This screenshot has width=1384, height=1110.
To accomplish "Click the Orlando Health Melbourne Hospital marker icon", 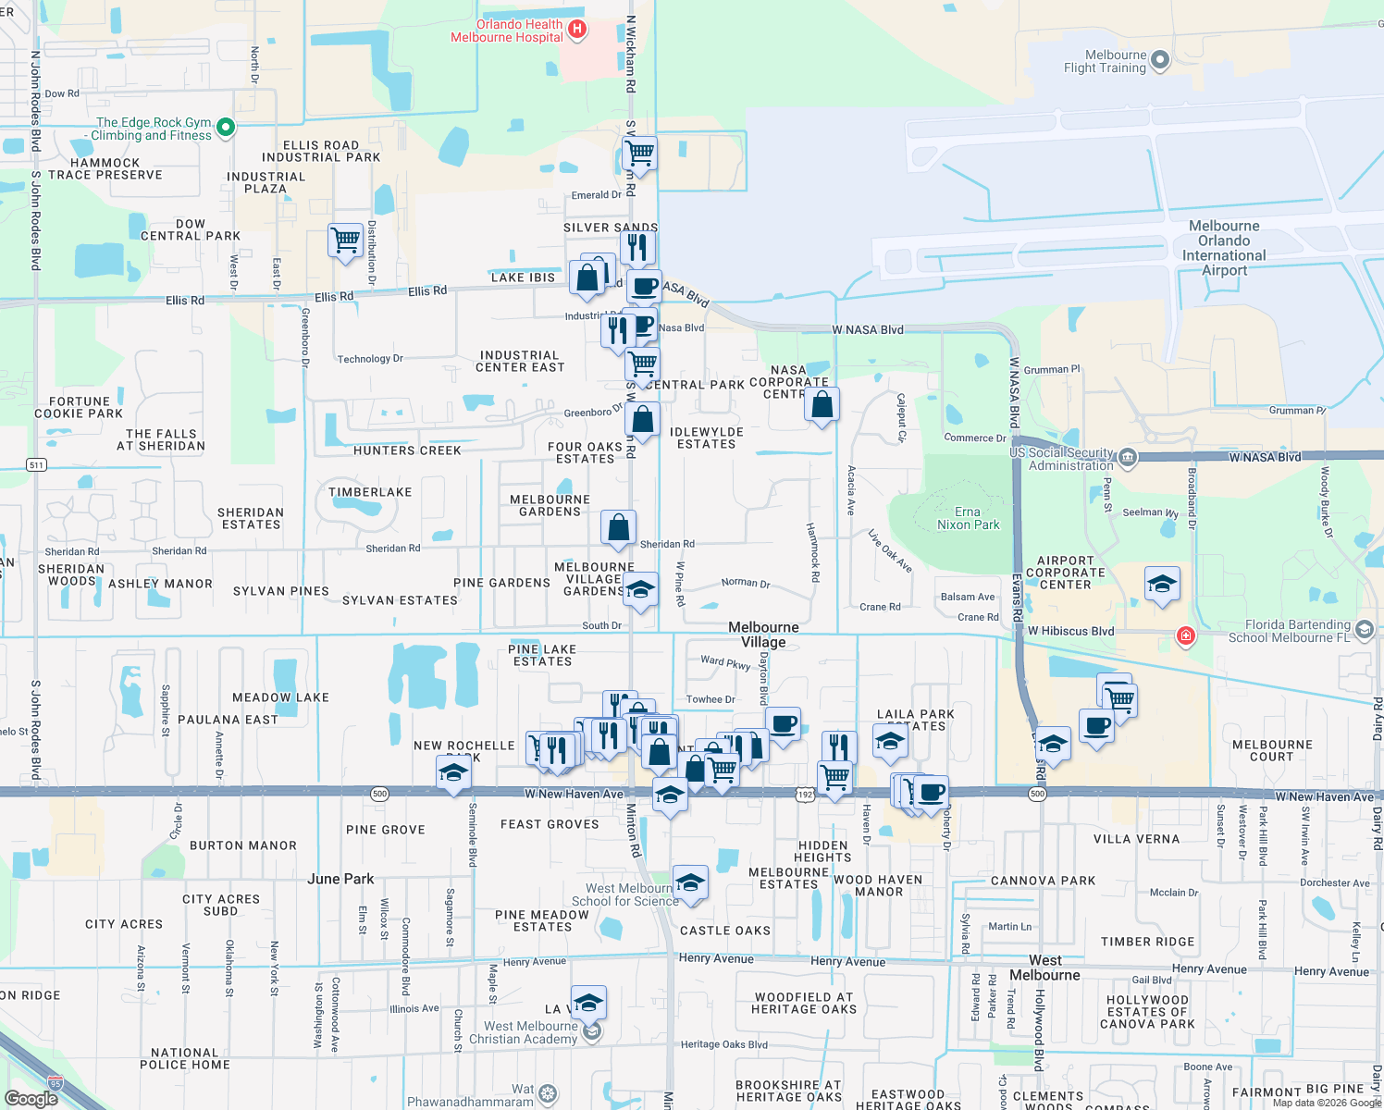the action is point(577,30).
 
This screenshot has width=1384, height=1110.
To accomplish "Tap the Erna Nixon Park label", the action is point(968,518).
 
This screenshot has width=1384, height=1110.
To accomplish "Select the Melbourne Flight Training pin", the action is point(1160,61).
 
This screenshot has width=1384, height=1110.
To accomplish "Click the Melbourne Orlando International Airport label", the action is point(1224,248).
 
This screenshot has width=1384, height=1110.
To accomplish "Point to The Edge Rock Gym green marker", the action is point(226,128).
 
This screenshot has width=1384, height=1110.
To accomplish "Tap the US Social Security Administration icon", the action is point(1127,457).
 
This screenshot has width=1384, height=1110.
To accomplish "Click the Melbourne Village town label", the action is point(763,635).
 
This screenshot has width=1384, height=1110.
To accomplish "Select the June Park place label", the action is point(340,879).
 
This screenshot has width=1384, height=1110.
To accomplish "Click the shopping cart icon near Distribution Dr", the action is point(345,240).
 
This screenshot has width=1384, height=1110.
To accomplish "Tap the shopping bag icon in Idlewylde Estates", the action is point(822,404).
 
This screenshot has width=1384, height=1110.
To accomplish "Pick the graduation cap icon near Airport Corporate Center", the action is point(1162,584).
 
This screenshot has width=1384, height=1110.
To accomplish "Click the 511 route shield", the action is point(36,464).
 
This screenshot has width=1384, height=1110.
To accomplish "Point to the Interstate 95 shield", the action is point(56,1082).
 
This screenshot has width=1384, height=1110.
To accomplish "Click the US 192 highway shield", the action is point(805,795).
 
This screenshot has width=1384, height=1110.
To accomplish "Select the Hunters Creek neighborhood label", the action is point(407,450).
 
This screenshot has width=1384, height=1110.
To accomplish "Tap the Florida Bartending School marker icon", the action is point(1364,630).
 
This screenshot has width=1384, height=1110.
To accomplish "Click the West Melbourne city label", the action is point(1044,968).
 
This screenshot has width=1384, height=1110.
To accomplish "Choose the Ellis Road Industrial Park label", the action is point(320,151).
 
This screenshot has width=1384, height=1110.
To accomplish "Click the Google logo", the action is point(31,1099).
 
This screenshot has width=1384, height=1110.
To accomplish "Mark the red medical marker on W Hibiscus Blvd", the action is point(1186,635).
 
